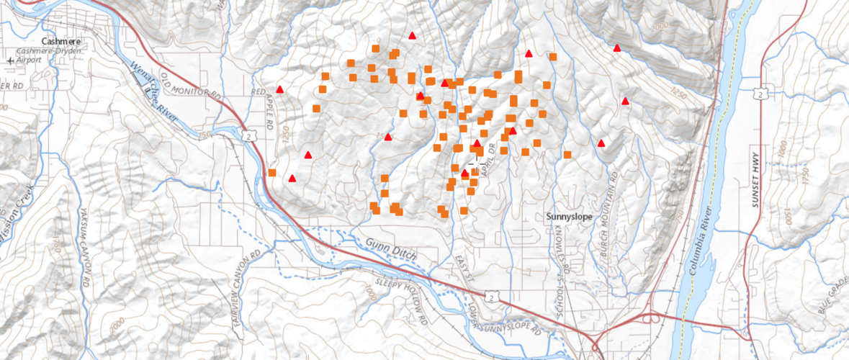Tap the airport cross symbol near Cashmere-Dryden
point(10,61)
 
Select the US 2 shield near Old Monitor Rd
point(248,134)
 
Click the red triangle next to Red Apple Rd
point(280,89)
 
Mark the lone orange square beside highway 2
point(272,173)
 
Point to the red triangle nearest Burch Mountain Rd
point(601,143)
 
